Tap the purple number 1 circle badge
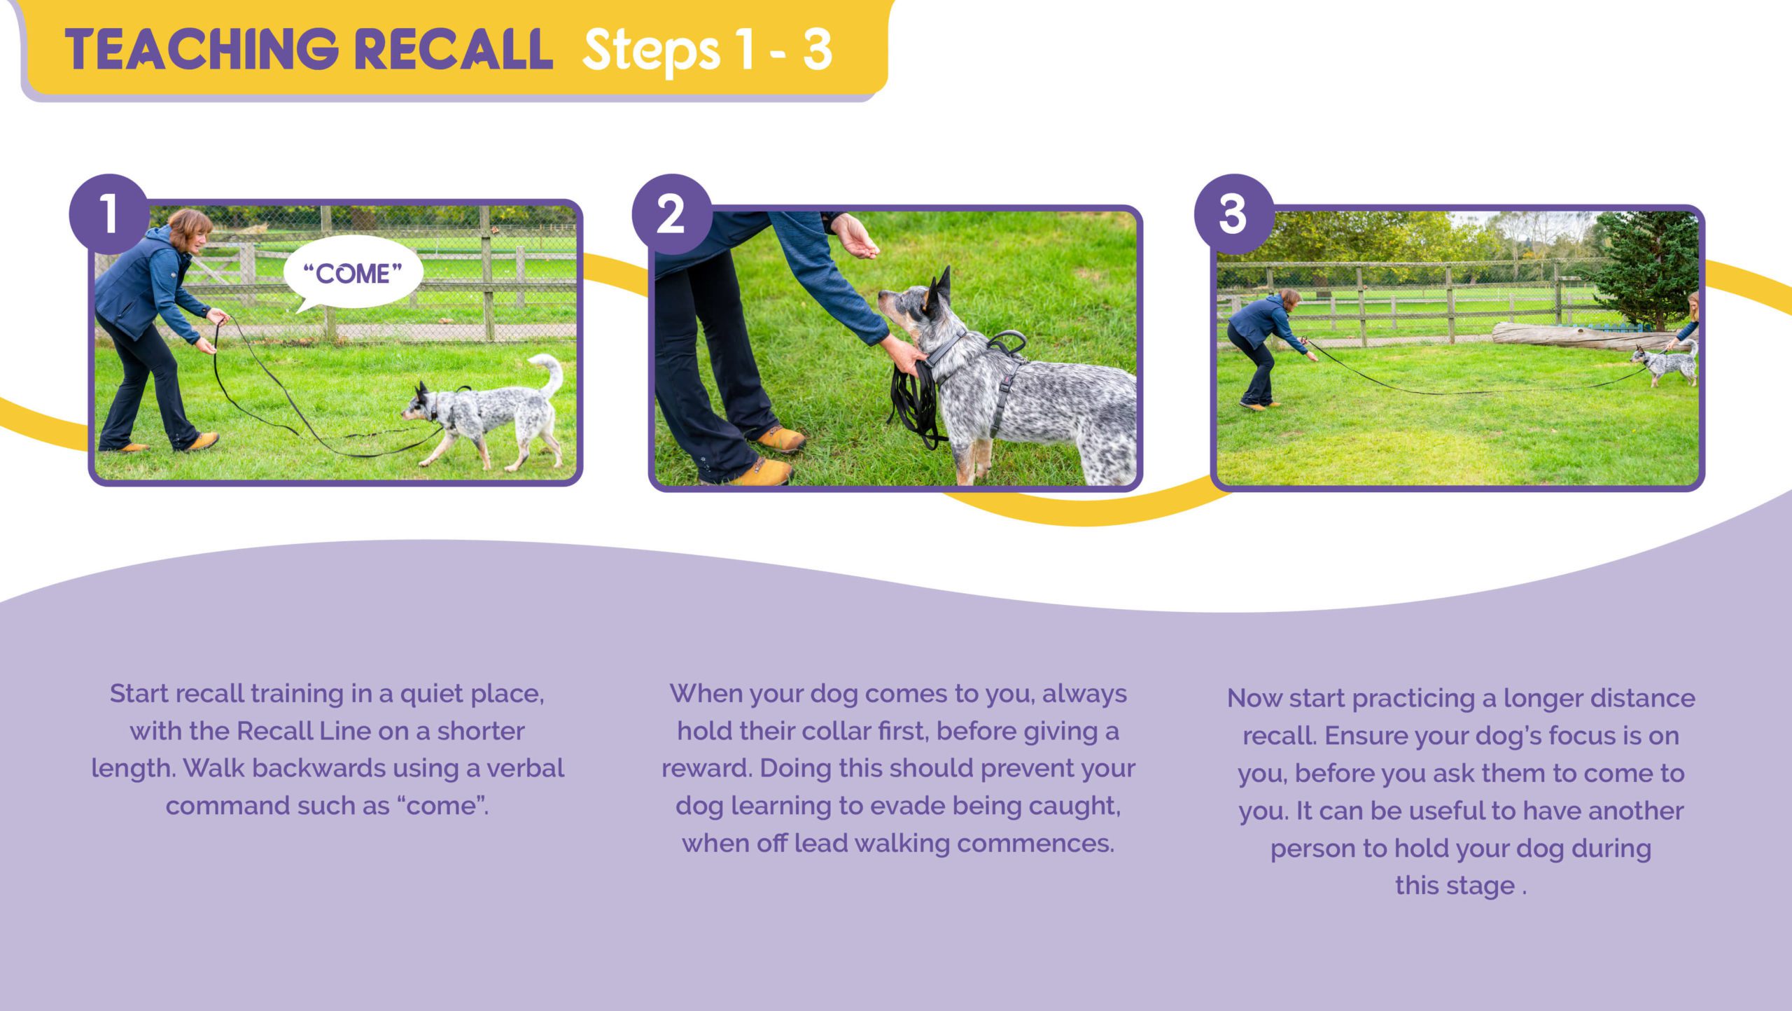[x=108, y=214]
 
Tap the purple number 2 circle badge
[x=671, y=214]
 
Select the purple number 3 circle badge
[x=1233, y=214]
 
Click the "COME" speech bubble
[x=353, y=272]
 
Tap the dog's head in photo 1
[x=422, y=405]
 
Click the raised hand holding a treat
[x=853, y=236]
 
